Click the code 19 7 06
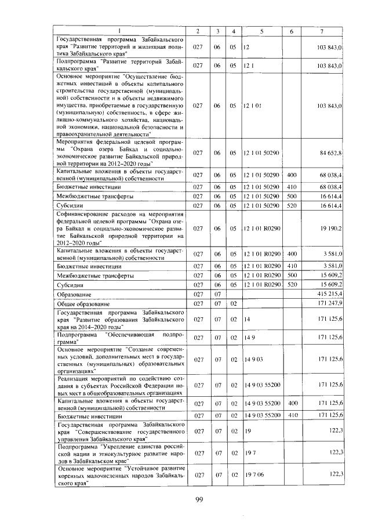click(254, 475)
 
